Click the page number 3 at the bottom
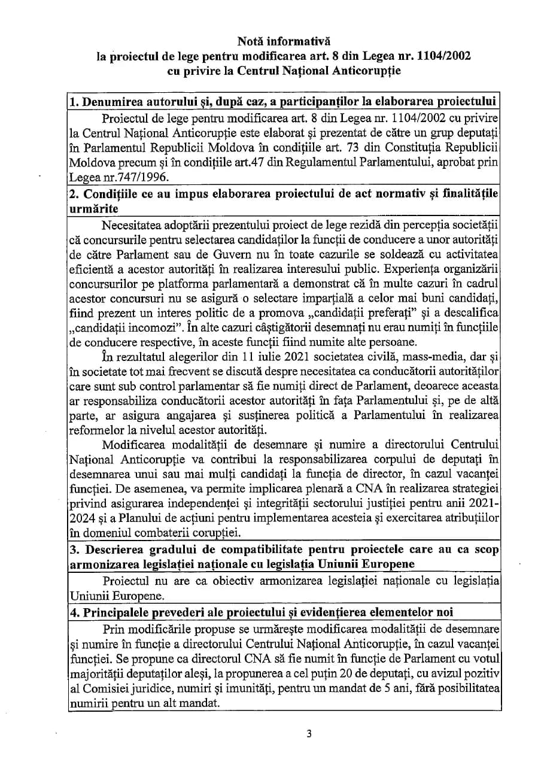[x=309, y=734]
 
